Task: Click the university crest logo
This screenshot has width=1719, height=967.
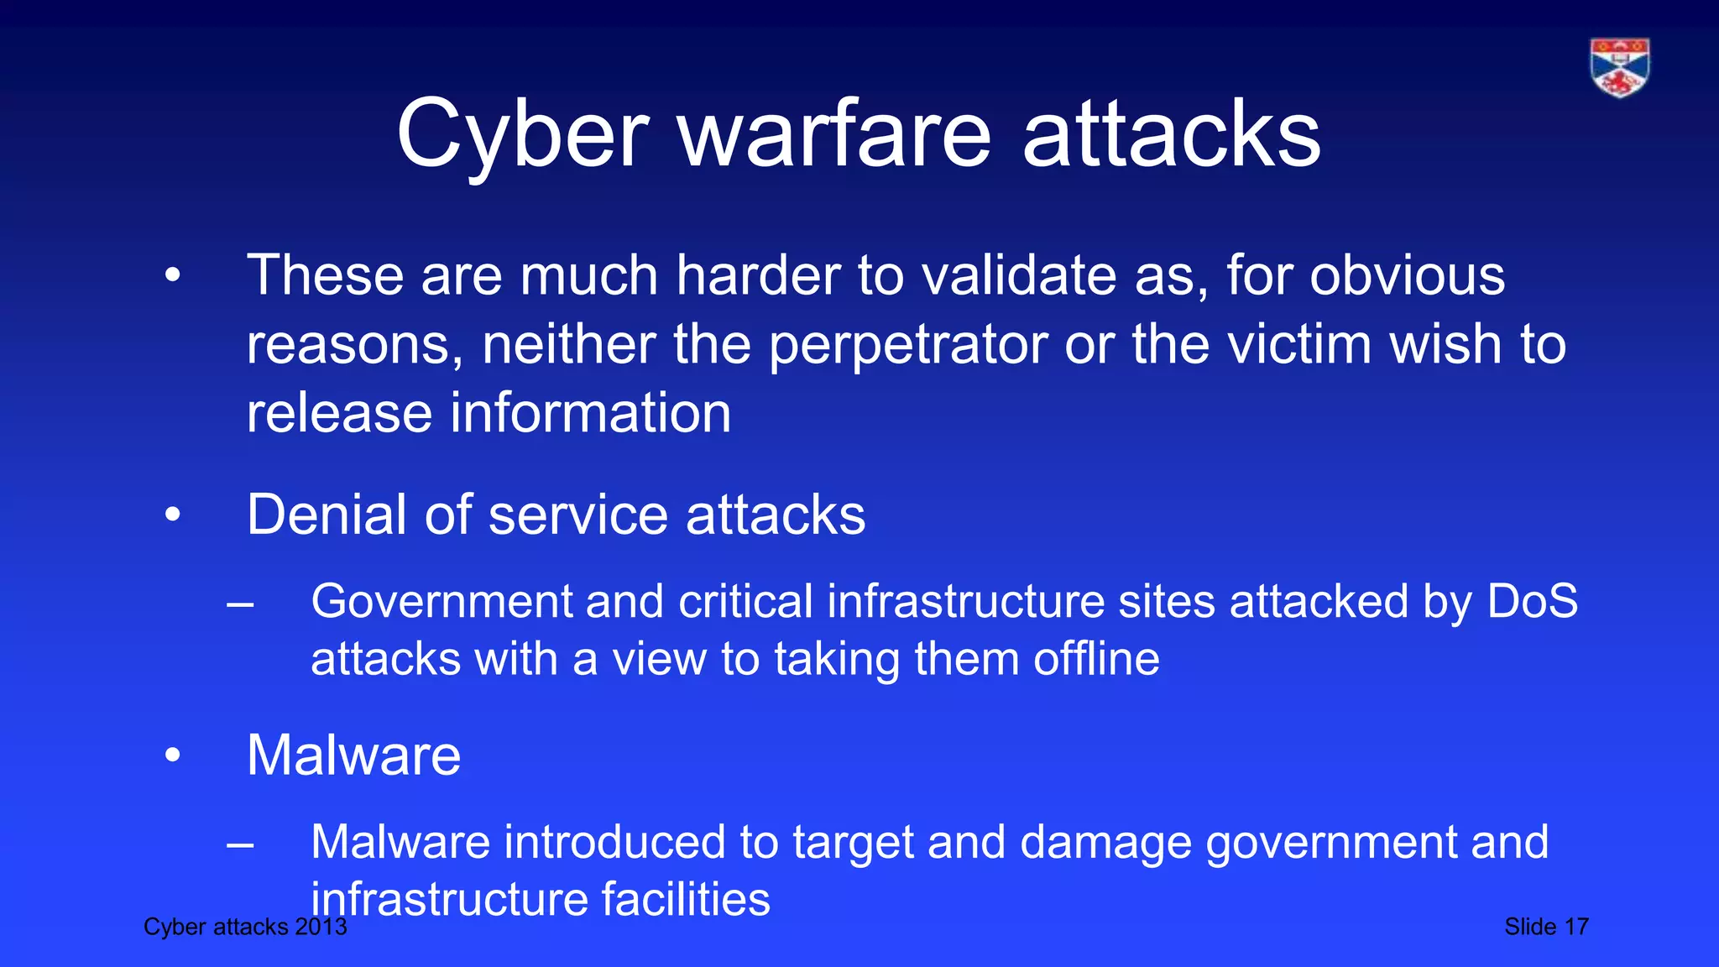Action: (1619, 68)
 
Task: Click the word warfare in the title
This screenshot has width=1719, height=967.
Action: (835, 134)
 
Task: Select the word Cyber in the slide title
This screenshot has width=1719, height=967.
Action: (523, 134)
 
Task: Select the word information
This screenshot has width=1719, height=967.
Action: (591, 413)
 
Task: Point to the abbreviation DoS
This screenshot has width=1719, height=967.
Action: (1533, 601)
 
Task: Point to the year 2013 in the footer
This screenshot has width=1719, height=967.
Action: (321, 927)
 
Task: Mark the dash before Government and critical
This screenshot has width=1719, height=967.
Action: (240, 603)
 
